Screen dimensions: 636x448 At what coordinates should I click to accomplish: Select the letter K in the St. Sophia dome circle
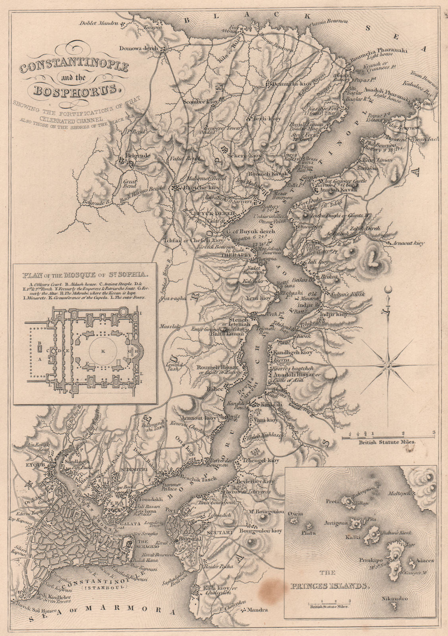pos(103,351)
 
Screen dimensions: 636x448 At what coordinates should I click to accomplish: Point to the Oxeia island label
pos(297,513)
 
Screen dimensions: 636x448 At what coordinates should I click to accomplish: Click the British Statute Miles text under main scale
pos(387,442)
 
